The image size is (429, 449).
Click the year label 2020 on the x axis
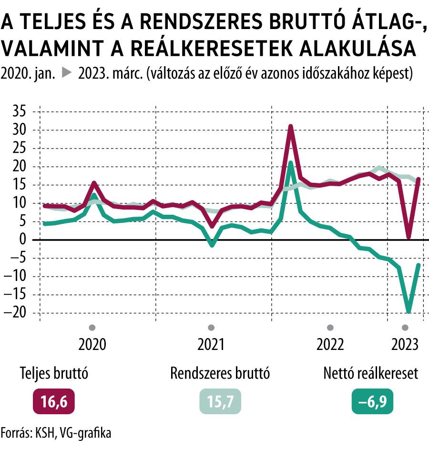[x=92, y=344]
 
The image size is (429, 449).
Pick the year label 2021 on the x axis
[x=211, y=344]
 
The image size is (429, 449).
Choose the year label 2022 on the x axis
[x=330, y=344]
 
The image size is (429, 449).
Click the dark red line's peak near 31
[x=290, y=127]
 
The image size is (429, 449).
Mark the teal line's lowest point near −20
[x=409, y=312]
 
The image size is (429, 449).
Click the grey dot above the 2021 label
[x=211, y=328]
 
